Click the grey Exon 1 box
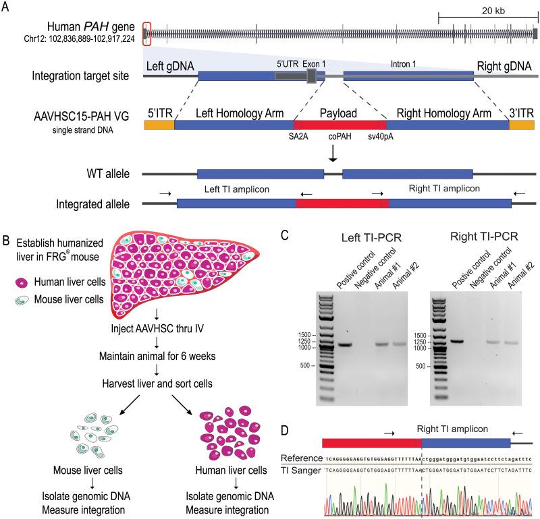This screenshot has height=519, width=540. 311,75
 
